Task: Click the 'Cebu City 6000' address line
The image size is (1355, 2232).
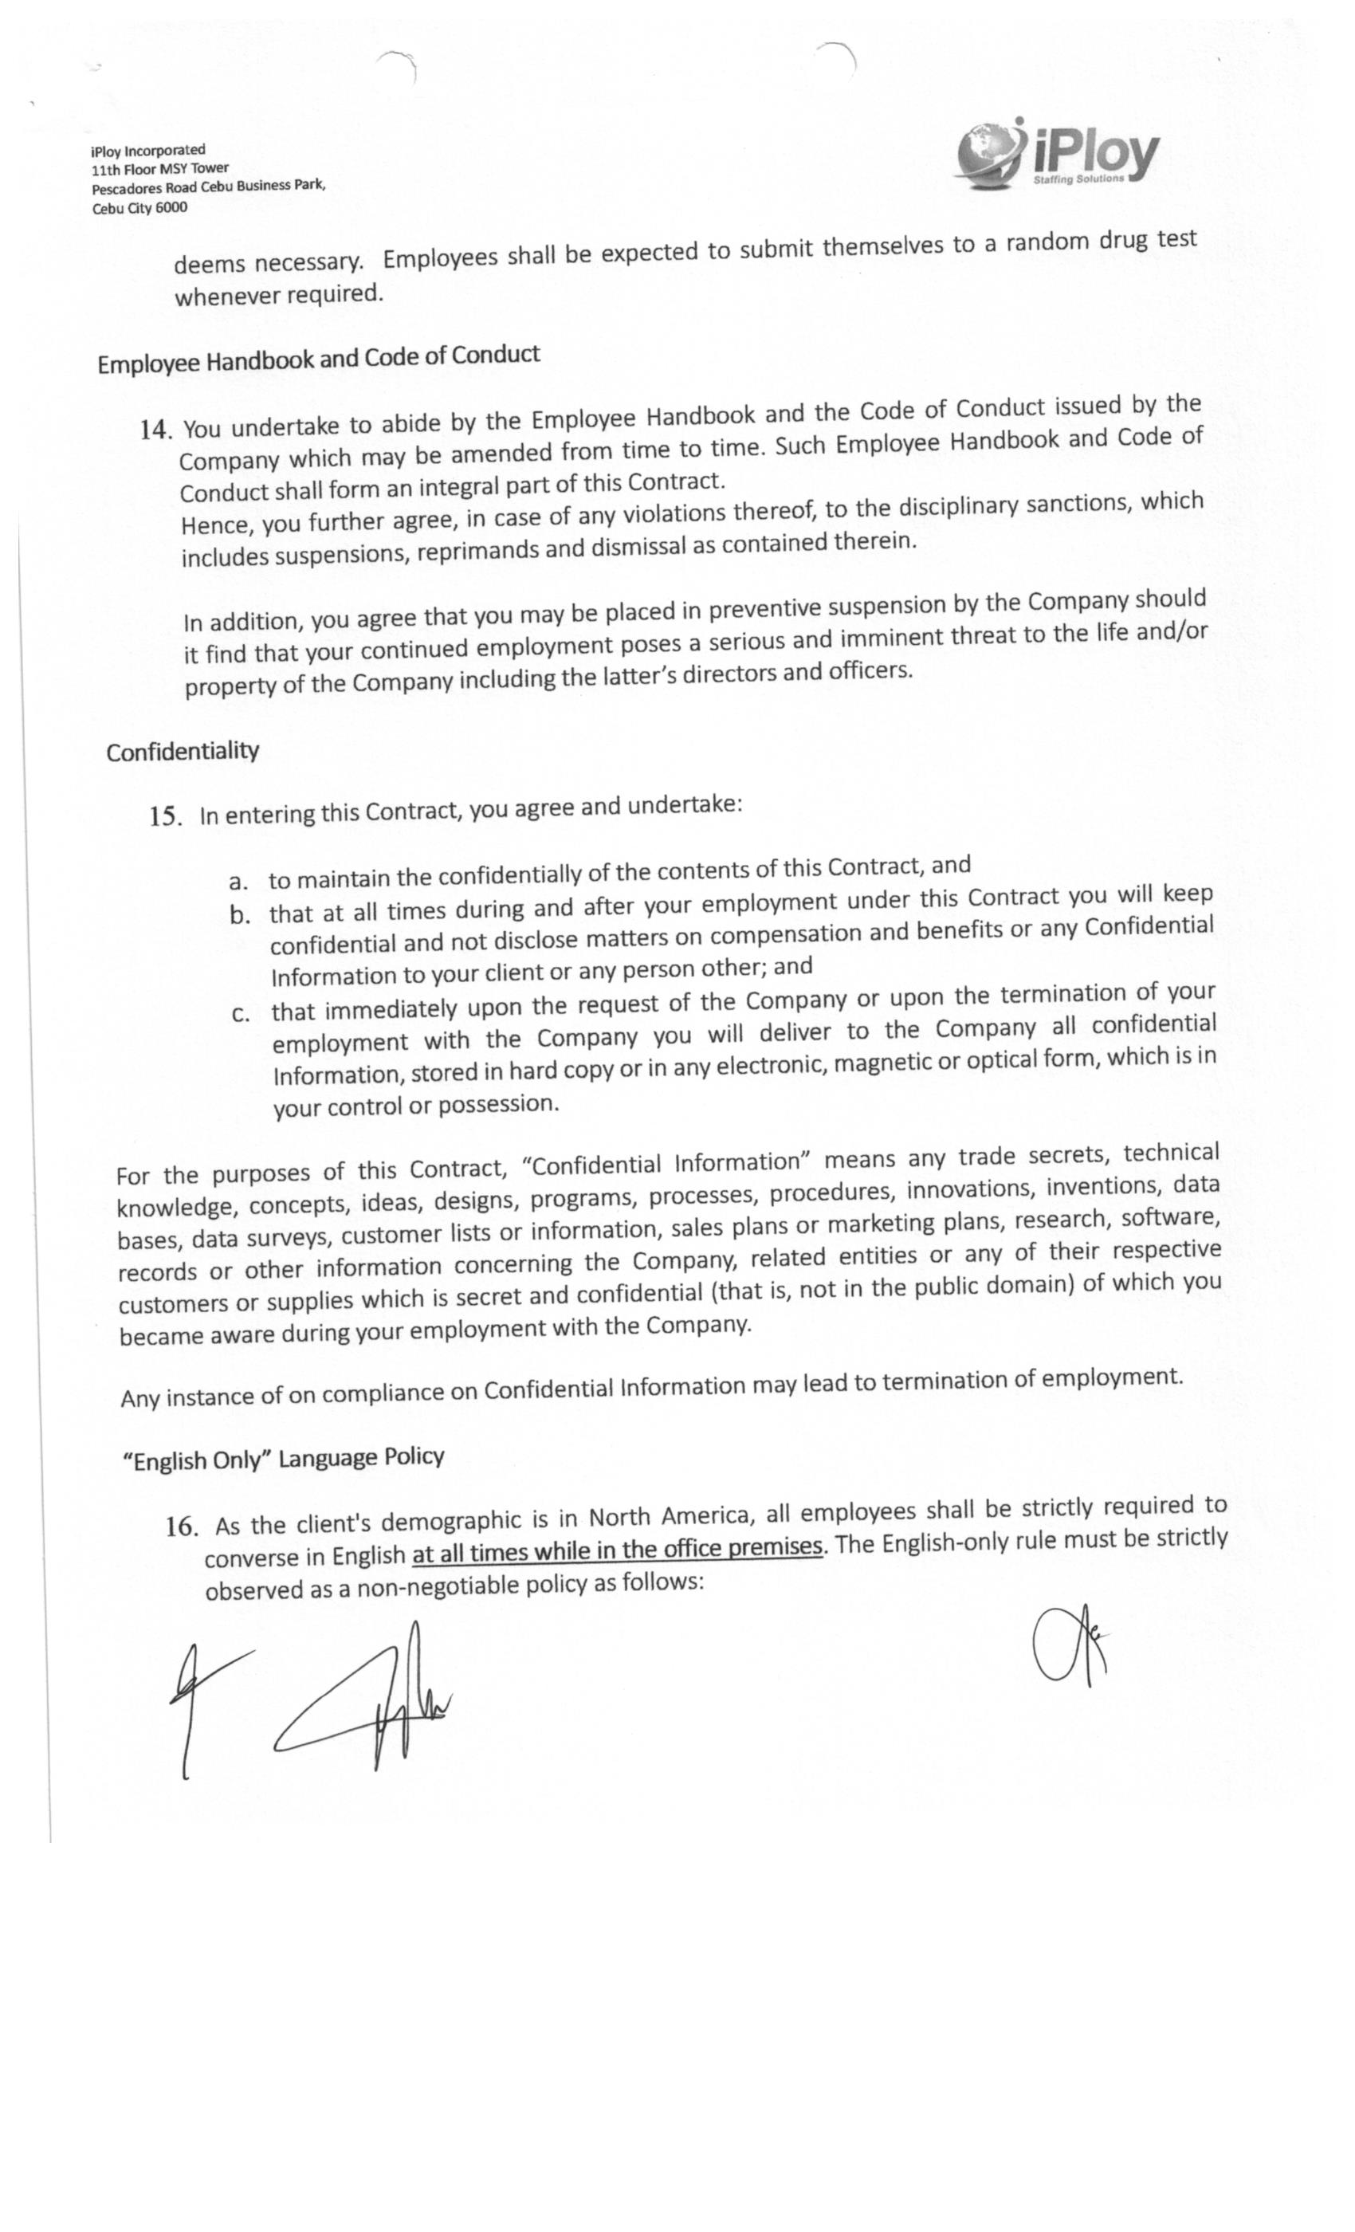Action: [x=139, y=208]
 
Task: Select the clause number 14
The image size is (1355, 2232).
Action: [x=155, y=430]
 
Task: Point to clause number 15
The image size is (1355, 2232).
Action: [x=166, y=816]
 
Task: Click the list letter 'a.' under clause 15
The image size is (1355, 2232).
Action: [x=238, y=882]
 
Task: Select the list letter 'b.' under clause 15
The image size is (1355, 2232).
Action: [x=240, y=915]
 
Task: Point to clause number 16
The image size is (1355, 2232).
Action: [x=181, y=1527]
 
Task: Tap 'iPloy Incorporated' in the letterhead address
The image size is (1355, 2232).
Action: [x=147, y=151]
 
